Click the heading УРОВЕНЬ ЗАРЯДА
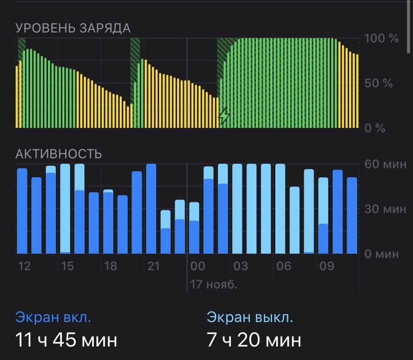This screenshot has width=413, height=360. (x=73, y=28)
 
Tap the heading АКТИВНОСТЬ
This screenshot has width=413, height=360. (x=59, y=154)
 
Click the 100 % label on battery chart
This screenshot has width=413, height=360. (x=382, y=38)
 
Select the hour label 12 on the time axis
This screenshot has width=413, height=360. (x=24, y=266)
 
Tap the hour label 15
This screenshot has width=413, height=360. (x=67, y=266)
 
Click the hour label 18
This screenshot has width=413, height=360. (x=110, y=266)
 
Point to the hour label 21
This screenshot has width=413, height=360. (x=154, y=266)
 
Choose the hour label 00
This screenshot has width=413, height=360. (x=198, y=266)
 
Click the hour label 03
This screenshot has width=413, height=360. (x=241, y=266)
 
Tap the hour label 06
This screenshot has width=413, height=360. (x=284, y=266)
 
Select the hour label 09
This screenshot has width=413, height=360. (x=327, y=266)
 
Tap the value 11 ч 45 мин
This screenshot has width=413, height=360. (x=67, y=341)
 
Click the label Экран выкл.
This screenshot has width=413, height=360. (x=250, y=317)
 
